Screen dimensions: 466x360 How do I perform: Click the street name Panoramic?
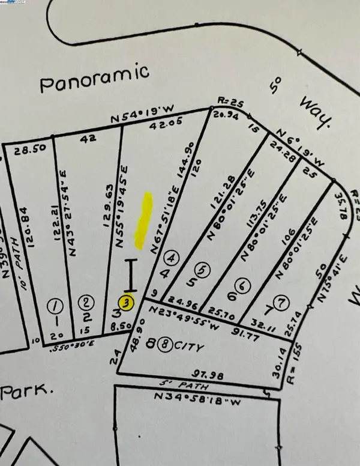pos(95,79)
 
